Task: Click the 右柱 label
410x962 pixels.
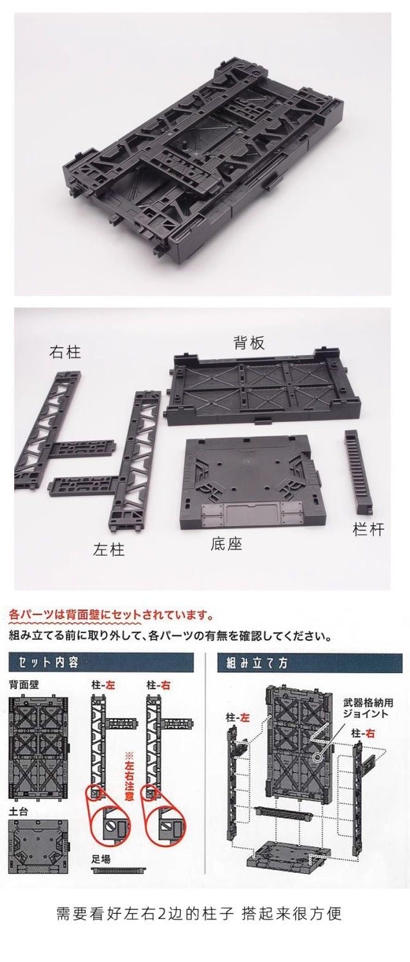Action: [x=65, y=353]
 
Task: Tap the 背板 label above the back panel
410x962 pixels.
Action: [x=249, y=343]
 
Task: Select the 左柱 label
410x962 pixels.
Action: [x=109, y=549]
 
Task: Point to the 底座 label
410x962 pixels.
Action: [x=226, y=544]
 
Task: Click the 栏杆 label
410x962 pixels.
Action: [x=368, y=530]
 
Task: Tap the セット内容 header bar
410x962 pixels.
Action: [x=101, y=663]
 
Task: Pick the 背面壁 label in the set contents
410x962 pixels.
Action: [x=24, y=685]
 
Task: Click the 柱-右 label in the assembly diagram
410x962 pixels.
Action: [x=363, y=733]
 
